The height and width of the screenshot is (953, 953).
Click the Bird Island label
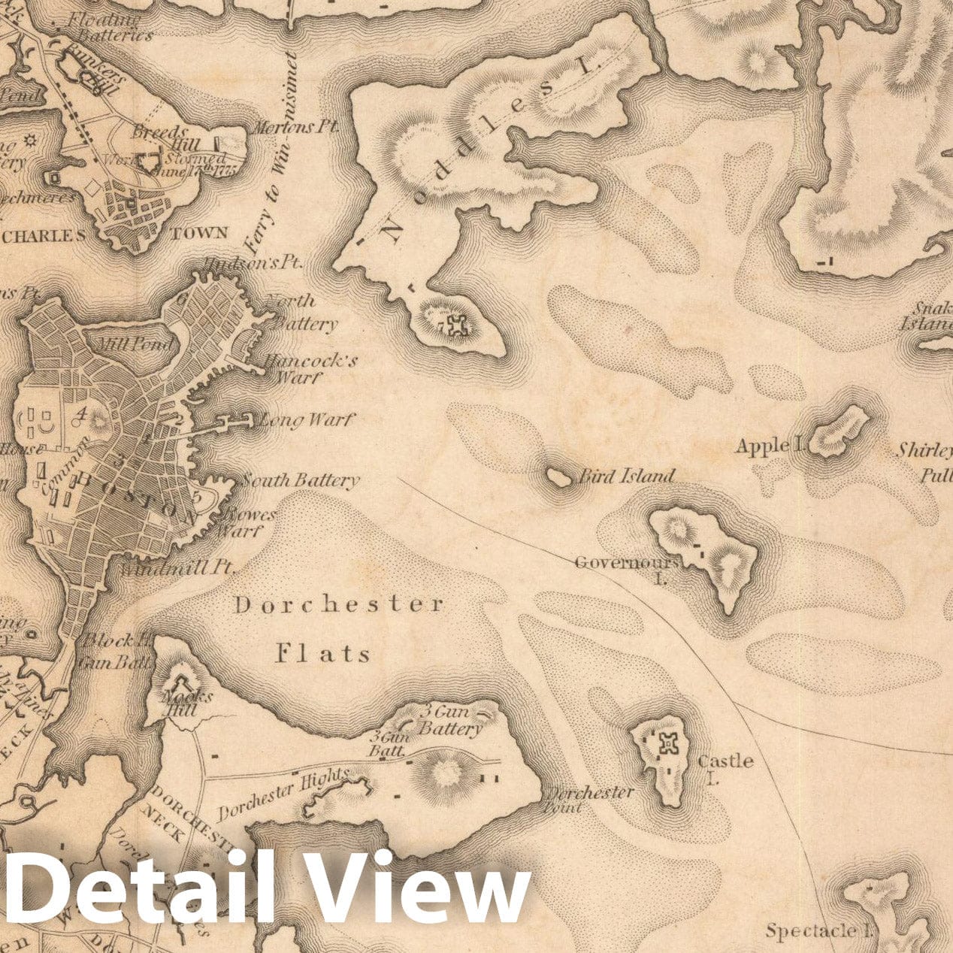(625, 476)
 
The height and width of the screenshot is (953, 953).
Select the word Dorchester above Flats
(338, 605)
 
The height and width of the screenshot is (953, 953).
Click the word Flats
(323, 653)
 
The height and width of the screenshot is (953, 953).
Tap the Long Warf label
(305, 420)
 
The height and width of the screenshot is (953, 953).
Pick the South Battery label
(301, 480)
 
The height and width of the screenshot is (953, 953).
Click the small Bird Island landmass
(558, 476)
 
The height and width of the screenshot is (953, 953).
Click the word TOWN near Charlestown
(199, 233)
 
